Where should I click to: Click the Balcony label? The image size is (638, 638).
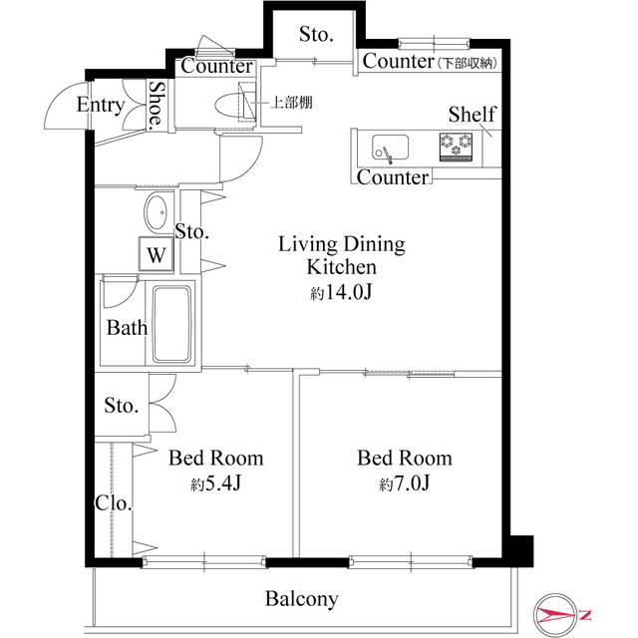pos(301,599)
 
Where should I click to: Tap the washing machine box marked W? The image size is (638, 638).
pos(157,254)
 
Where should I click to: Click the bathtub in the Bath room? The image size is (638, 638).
pos(171,324)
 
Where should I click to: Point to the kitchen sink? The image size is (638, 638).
pos(390,148)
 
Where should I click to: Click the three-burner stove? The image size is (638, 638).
pos(456,148)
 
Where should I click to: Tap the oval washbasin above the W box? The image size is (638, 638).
pos(156,212)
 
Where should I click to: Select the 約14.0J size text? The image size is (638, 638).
pos(341,292)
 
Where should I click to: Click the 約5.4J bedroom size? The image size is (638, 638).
pos(216,482)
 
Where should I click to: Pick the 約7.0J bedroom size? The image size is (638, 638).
pos(405,482)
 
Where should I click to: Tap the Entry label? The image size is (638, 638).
pos(101,105)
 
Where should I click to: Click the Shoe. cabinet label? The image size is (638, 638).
pos(157,105)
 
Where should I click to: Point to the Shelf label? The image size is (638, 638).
pos(473,115)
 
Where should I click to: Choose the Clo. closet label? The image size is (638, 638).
pos(114,503)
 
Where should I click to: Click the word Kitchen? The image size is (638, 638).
pos(341,267)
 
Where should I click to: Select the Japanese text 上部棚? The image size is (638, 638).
pos(292,102)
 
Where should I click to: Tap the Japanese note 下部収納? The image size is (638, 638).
pos(468,64)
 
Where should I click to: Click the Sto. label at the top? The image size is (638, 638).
pos(317,34)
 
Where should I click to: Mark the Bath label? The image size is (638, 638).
pos(127,328)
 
